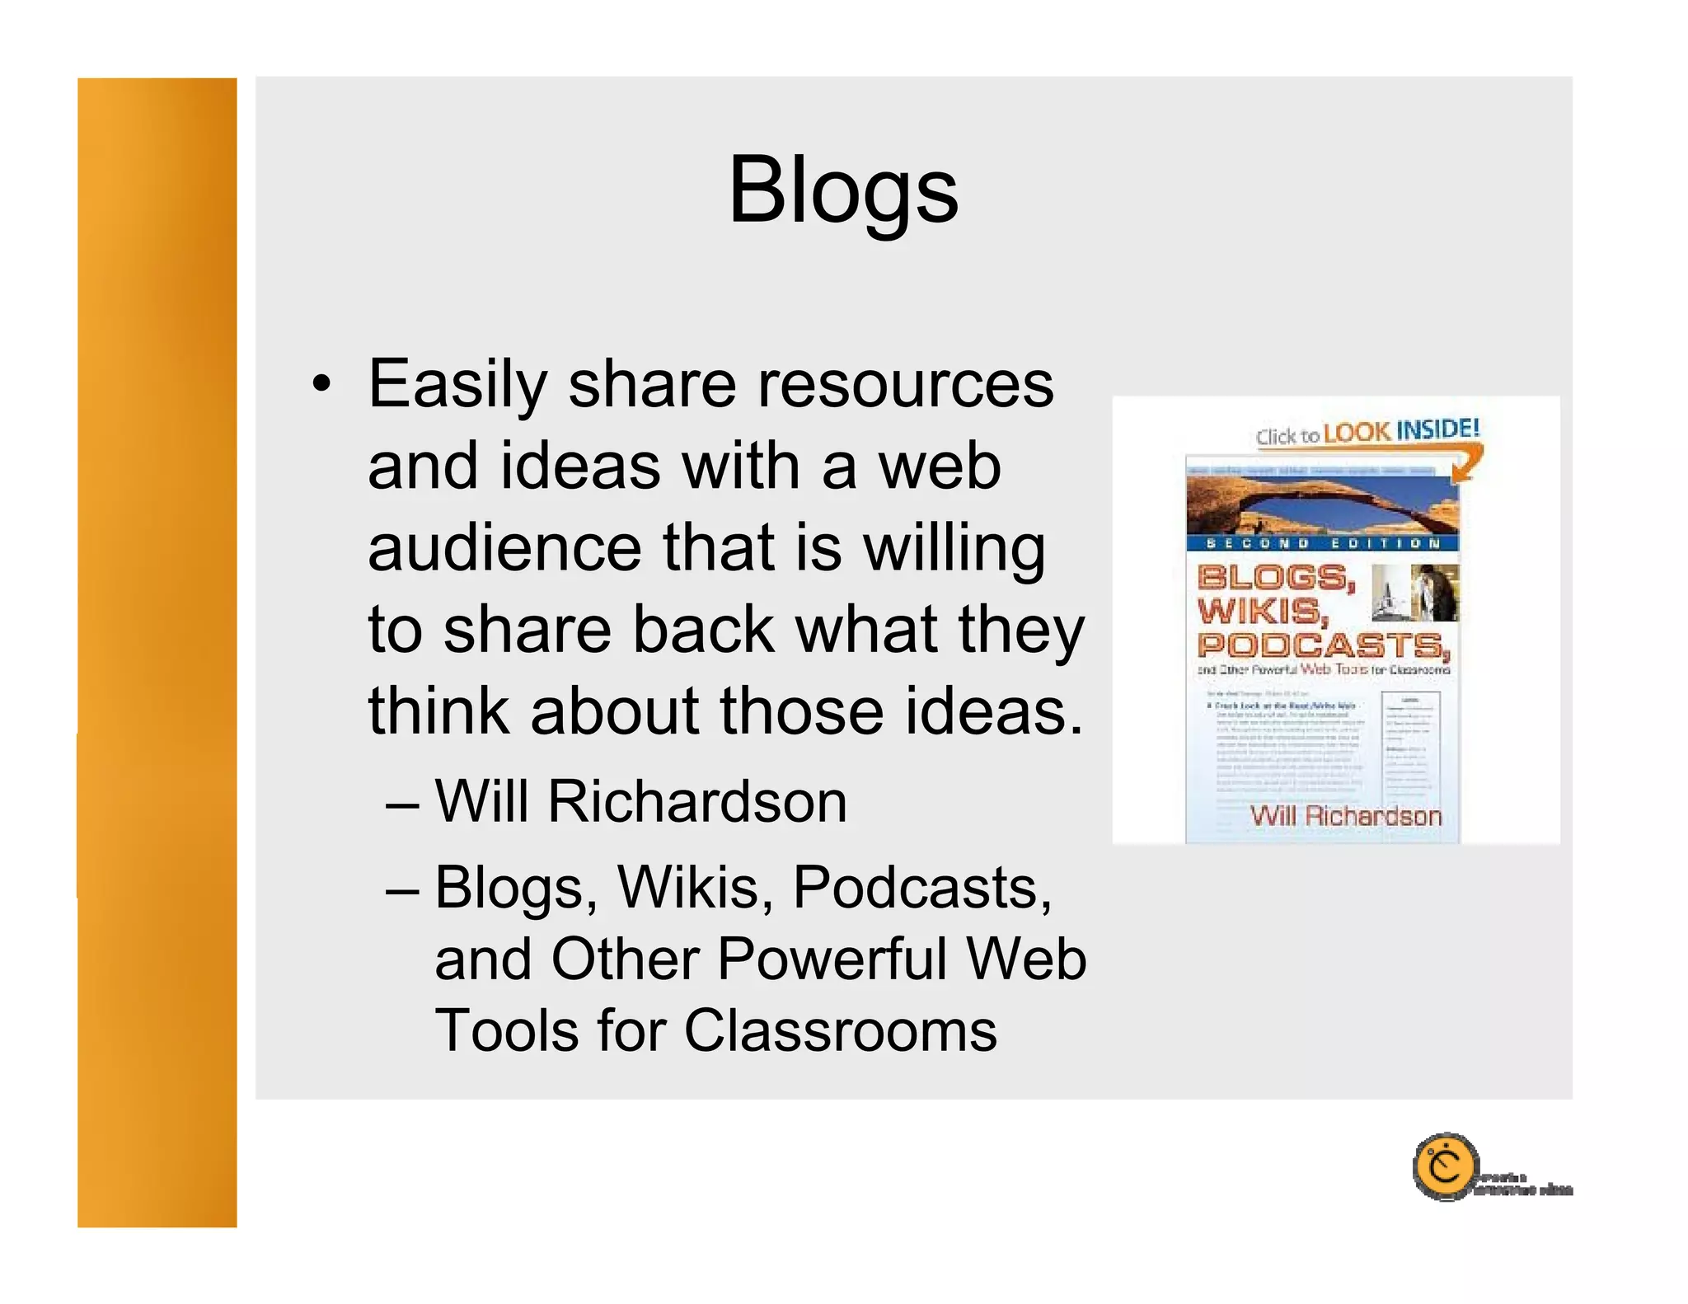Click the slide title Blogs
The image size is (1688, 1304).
pyautogui.click(x=843, y=191)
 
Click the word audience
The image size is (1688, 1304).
pyautogui.click(x=504, y=548)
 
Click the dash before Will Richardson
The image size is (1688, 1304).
pyautogui.click(x=402, y=802)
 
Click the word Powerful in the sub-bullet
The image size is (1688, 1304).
pyautogui.click(x=832, y=959)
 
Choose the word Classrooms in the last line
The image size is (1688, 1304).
pyautogui.click(x=840, y=1031)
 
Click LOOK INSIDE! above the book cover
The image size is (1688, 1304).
pyautogui.click(x=1401, y=430)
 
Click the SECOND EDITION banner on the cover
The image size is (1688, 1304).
pyautogui.click(x=1322, y=543)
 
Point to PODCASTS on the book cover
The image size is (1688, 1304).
pyautogui.click(x=1322, y=645)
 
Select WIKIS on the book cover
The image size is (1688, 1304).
pyautogui.click(x=1261, y=612)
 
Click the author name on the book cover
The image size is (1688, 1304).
pyautogui.click(x=1345, y=816)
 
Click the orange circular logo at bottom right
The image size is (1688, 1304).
pyautogui.click(x=1445, y=1166)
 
